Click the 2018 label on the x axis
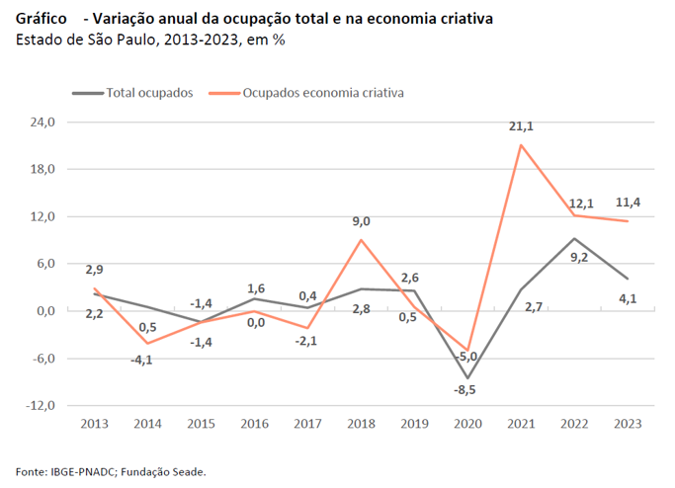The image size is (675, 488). point(361,423)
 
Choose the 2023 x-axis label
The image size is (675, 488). point(627,423)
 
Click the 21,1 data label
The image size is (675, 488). point(521,126)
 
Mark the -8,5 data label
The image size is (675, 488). point(466,390)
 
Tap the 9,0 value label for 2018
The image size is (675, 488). point(361,221)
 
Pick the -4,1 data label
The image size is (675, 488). point(141,360)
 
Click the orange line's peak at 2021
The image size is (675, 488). point(521,145)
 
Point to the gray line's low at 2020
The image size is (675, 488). point(467,377)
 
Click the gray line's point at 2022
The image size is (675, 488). point(574,238)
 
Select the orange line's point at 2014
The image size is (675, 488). point(147,343)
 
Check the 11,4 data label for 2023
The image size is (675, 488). point(629,203)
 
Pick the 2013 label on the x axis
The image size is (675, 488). point(94,423)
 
